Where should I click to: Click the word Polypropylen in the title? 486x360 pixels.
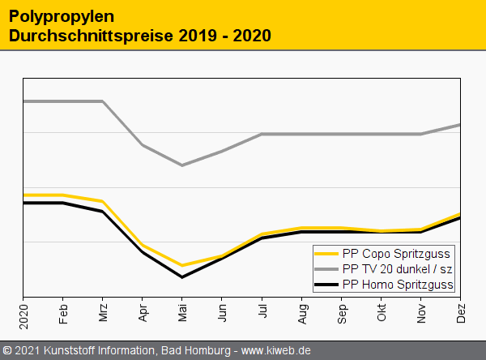[x=62, y=16]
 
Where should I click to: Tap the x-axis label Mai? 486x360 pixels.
[x=182, y=312]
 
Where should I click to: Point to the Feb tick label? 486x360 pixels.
[x=63, y=312]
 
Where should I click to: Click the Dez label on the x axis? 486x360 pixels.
[x=461, y=312]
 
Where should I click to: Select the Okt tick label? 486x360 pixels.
[x=382, y=312]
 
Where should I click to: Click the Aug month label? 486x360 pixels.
[x=302, y=312]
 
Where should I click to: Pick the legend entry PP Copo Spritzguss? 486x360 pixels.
[x=396, y=253]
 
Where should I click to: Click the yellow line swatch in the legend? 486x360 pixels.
[x=326, y=253]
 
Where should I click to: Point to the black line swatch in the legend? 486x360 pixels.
[x=326, y=284]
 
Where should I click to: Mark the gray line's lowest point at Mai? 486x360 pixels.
[x=182, y=165]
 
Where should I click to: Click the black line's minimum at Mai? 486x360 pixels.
[x=182, y=277]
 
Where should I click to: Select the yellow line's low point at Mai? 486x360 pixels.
[x=182, y=265]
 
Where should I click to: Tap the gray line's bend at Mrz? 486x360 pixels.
[x=103, y=101]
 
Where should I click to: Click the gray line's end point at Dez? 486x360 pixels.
[x=460, y=125]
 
